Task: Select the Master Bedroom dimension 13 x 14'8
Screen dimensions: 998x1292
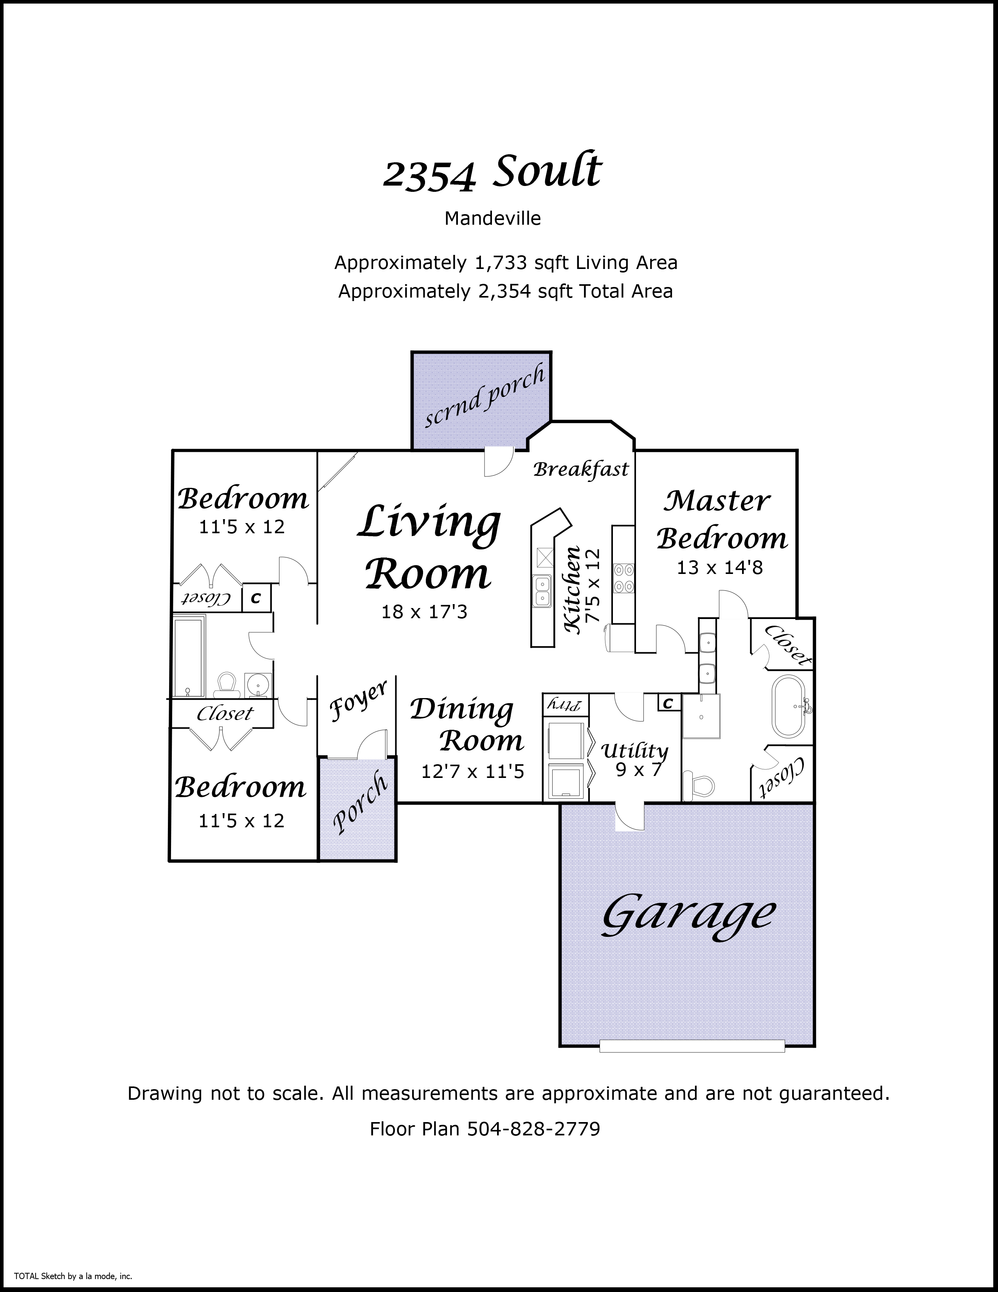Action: pos(719,567)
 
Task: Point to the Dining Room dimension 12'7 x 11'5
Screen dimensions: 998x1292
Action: pos(472,771)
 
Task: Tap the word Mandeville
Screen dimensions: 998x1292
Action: pos(492,218)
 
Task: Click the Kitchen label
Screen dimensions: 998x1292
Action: pos(572,590)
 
